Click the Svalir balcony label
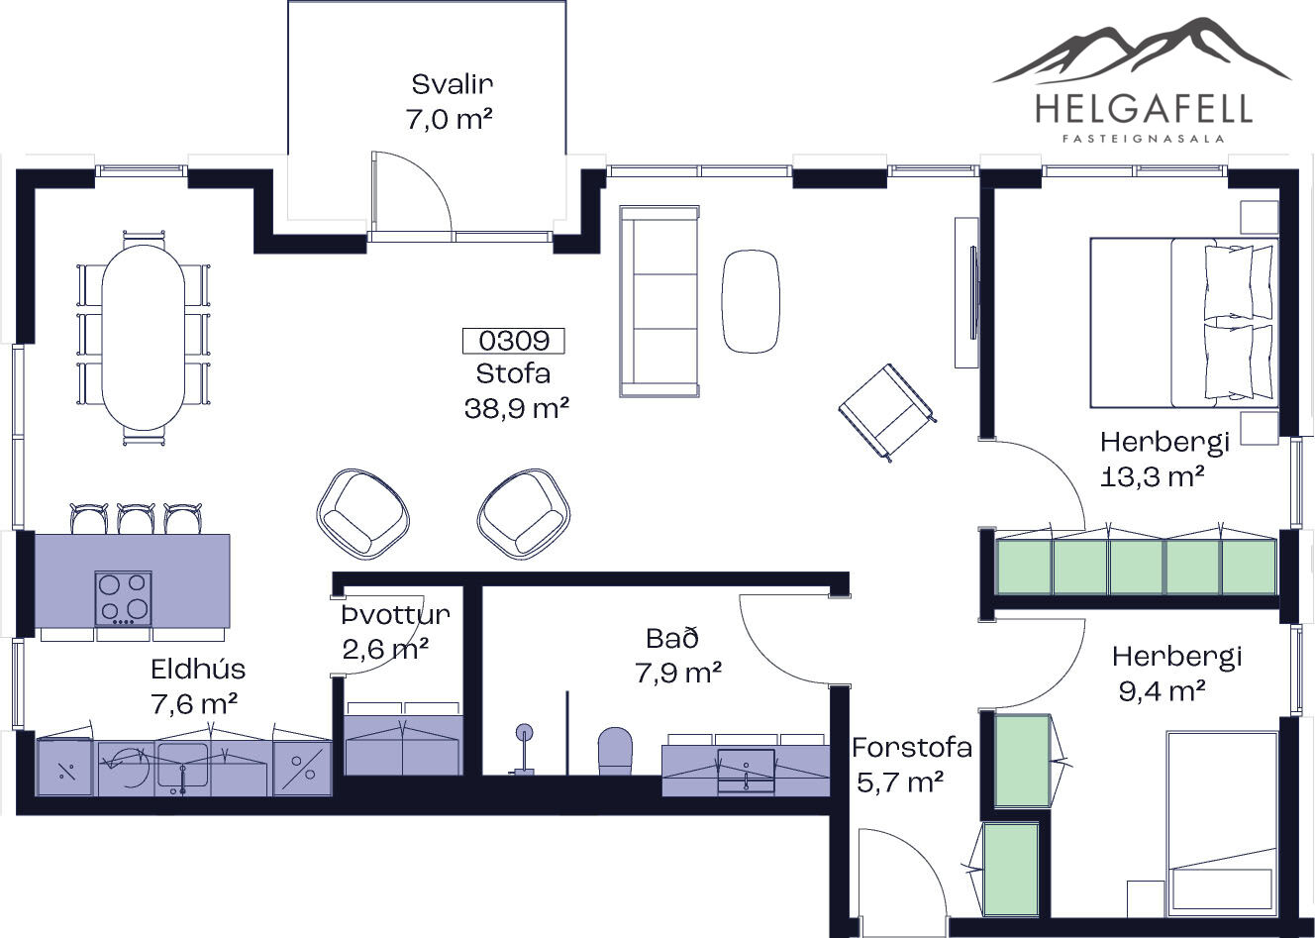(x=452, y=84)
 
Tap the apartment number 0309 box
(x=513, y=341)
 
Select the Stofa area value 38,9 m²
(x=517, y=408)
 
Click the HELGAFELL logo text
(x=1144, y=109)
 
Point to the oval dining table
(x=144, y=337)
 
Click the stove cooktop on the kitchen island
(x=123, y=598)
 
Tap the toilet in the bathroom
(x=615, y=751)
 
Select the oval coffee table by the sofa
(x=751, y=301)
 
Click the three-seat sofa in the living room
(x=659, y=301)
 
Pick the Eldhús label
(x=198, y=669)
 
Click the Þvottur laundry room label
(x=396, y=615)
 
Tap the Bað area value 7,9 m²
(x=678, y=674)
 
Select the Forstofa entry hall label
(x=912, y=748)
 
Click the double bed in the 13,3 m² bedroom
(x=1184, y=323)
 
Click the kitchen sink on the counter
(x=182, y=766)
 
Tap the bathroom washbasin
(x=747, y=770)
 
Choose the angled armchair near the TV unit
(x=887, y=413)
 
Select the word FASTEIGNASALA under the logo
(x=1144, y=140)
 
